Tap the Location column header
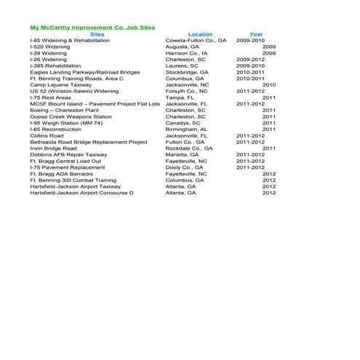point(200,34)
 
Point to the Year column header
point(256,34)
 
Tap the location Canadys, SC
point(183,123)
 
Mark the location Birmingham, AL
point(186,129)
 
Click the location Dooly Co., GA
point(185,167)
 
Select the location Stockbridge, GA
point(186,72)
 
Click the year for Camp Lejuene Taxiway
point(268,84)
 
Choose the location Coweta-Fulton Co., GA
point(196,41)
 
